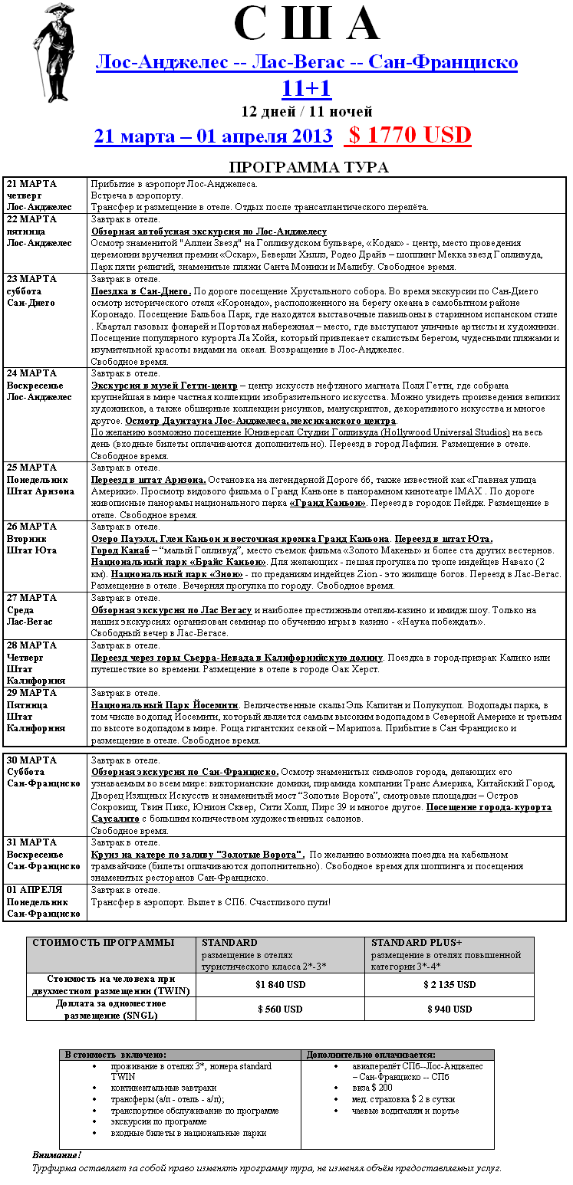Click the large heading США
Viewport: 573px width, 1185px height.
[307, 25]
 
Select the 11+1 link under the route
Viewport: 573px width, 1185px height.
[306, 89]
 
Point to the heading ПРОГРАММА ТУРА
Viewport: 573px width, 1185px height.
[308, 168]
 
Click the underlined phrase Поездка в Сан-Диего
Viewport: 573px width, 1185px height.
[140, 291]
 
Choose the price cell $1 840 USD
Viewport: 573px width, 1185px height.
[280, 985]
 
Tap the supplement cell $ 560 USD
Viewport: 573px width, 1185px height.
[280, 1009]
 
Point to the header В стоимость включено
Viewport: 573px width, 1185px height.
[115, 1055]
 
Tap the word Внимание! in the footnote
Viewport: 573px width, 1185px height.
[57, 1154]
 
